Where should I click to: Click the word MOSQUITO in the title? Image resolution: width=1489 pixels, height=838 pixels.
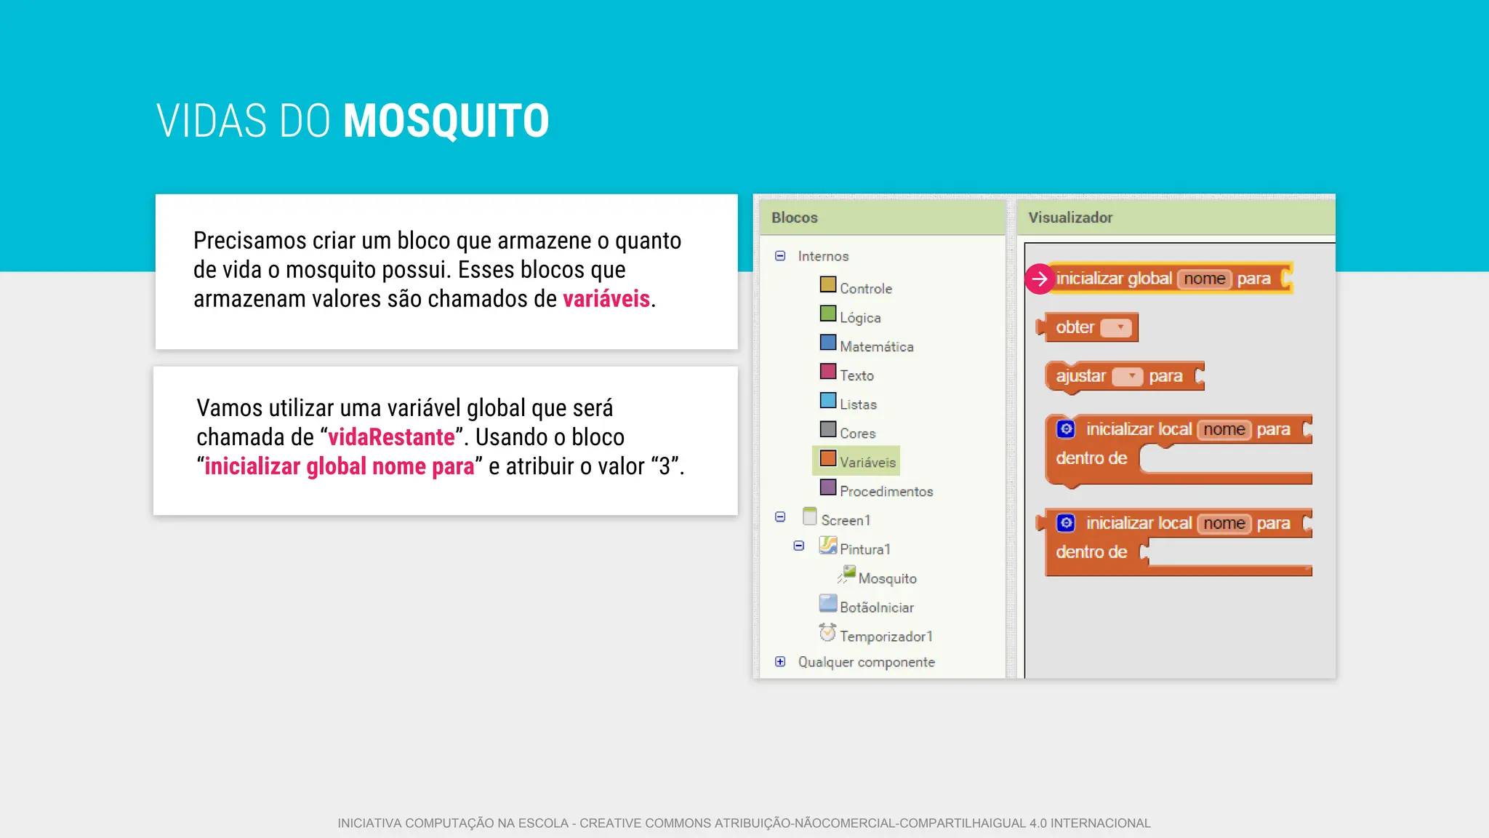tap(446, 121)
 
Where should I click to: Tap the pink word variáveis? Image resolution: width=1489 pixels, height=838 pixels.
tap(606, 299)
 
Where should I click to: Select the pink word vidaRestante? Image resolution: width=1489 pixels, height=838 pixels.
tap(391, 437)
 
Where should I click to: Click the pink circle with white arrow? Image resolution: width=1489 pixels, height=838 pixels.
tap(1040, 279)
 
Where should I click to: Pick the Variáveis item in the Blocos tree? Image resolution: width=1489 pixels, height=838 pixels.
tap(867, 462)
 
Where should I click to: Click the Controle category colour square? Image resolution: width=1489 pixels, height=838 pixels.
tap(828, 284)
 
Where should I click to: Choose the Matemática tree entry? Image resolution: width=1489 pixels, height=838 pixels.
tap(876, 346)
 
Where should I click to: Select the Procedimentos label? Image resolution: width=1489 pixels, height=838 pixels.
tap(886, 491)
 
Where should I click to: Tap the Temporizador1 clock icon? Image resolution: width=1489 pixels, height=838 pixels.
tap(827, 633)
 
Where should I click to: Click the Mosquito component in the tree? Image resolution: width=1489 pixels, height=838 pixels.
tap(887, 578)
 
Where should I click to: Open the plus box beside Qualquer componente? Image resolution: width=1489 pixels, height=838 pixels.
tap(780, 662)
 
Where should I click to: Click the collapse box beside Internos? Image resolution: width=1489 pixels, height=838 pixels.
tap(780, 256)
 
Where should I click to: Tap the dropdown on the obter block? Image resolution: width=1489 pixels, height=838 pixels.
tap(1117, 328)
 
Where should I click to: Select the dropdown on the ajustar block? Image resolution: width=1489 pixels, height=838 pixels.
tap(1128, 377)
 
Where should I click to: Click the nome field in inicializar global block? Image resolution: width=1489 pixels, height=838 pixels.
tap(1205, 279)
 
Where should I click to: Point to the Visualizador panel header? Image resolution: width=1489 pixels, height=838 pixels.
tap(1070, 218)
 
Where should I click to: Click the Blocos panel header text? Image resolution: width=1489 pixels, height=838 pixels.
tap(795, 218)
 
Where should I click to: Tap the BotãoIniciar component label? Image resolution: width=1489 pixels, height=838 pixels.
tap(877, 607)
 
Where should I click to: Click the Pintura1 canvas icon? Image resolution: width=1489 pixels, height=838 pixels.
tap(828, 546)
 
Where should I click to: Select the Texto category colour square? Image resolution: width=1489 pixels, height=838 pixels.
tap(828, 372)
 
